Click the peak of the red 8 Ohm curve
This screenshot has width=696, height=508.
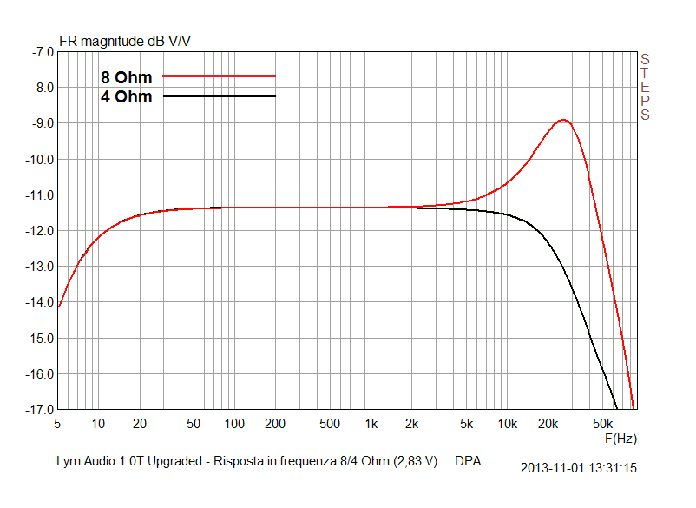pos(564,120)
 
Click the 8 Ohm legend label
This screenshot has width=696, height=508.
pos(126,78)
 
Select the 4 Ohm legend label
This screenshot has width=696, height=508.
pos(126,97)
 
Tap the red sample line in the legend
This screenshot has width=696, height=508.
pos(219,76)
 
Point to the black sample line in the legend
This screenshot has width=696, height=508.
pos(219,96)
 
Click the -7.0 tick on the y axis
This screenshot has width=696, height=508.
pos(42,52)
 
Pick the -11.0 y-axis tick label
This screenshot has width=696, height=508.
pos(40,195)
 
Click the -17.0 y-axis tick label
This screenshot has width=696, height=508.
pos(40,409)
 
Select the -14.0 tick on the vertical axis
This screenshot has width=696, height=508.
pos(40,302)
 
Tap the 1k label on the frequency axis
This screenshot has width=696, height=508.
pos(371,424)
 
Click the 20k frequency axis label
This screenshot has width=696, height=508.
pos(548,424)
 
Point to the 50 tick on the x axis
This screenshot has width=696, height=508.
pos(194,424)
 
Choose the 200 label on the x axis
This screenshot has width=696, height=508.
pos(275,424)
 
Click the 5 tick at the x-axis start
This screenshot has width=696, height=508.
pos(57,424)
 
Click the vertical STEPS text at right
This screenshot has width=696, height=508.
pos(645,87)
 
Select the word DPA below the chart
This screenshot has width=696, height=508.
pos(468,461)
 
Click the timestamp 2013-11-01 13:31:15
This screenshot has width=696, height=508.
pos(579,467)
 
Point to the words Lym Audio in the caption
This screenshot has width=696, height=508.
pos(79,461)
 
